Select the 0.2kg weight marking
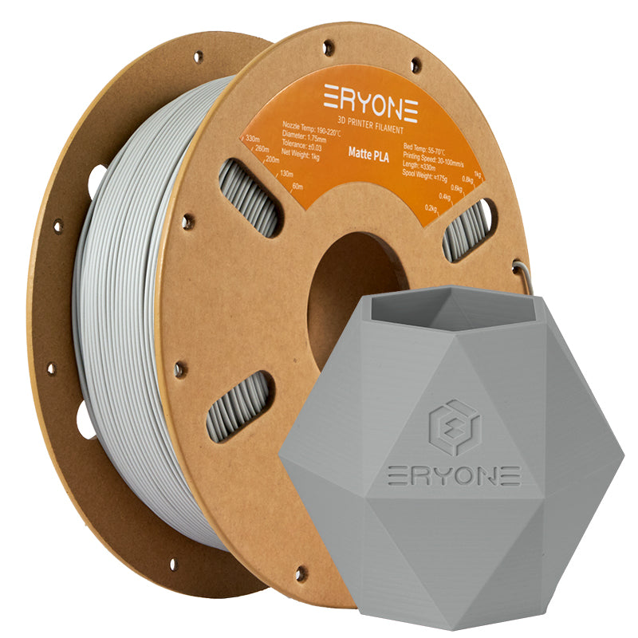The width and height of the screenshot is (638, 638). point(431,207)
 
